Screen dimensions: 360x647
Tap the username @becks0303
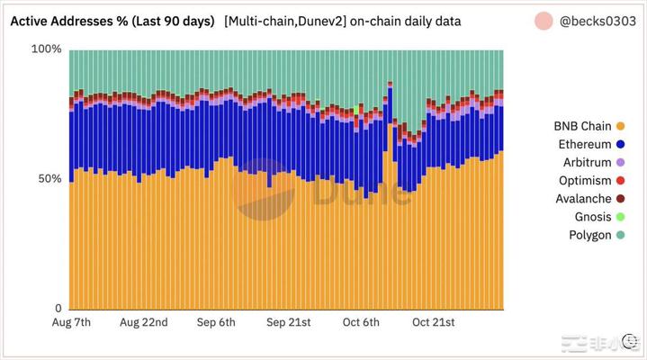coord(599,20)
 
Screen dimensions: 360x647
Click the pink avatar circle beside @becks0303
coord(544,20)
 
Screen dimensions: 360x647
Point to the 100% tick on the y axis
coord(47,49)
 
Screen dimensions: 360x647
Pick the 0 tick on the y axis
coord(57,309)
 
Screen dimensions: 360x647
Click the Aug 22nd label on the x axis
coord(143,322)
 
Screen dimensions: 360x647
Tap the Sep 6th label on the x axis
coord(215,322)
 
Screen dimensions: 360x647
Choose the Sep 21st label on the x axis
coord(288,322)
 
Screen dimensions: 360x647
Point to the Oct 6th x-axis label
coord(361,322)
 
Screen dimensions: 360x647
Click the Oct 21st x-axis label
coord(434,322)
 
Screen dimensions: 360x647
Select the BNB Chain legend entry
coord(582,126)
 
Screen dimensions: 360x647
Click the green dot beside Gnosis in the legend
coord(620,217)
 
